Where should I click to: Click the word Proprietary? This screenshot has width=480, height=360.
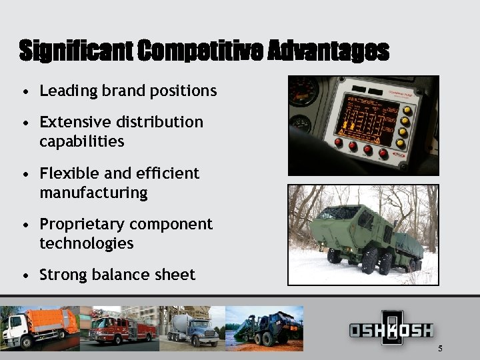tap(82, 225)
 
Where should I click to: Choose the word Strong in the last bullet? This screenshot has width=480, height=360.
tap(63, 275)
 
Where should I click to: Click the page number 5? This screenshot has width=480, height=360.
tap(440, 349)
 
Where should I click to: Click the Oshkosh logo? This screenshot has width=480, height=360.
tap(391, 329)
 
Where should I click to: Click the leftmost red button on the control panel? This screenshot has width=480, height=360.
tap(339, 143)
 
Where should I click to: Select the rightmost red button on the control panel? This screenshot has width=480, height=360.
tap(383, 153)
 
